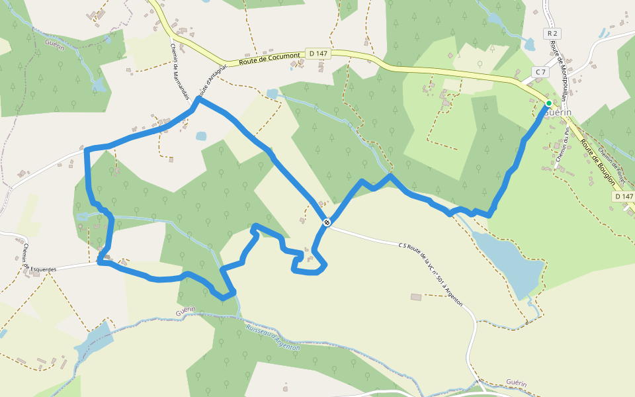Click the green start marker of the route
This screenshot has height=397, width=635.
pos(548,104)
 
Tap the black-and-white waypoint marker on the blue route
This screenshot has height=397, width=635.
pos(327,222)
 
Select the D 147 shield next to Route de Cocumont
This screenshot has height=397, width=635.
pos(318,53)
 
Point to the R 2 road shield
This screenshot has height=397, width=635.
pos(552,33)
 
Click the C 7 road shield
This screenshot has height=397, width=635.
pos(541,71)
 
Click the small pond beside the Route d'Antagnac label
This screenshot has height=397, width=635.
pos(201,136)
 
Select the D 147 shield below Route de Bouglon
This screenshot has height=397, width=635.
pos(623,196)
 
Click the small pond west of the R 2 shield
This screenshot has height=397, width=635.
pos(529,44)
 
